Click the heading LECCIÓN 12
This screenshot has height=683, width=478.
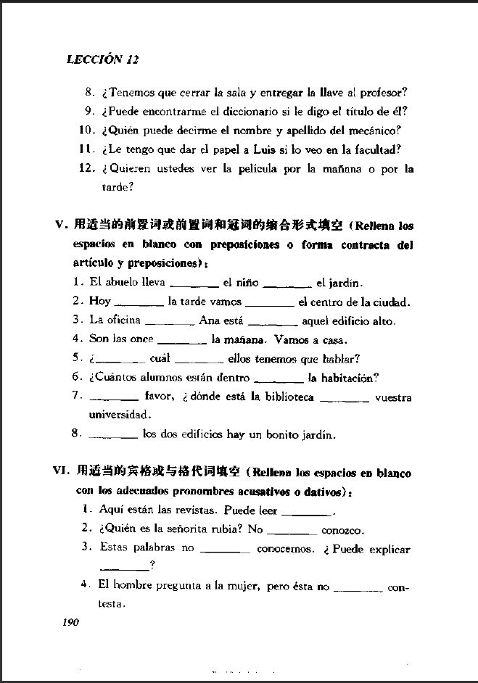(x=102, y=60)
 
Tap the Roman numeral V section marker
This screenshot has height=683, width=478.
(x=60, y=225)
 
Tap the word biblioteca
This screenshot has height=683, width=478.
(x=286, y=397)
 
